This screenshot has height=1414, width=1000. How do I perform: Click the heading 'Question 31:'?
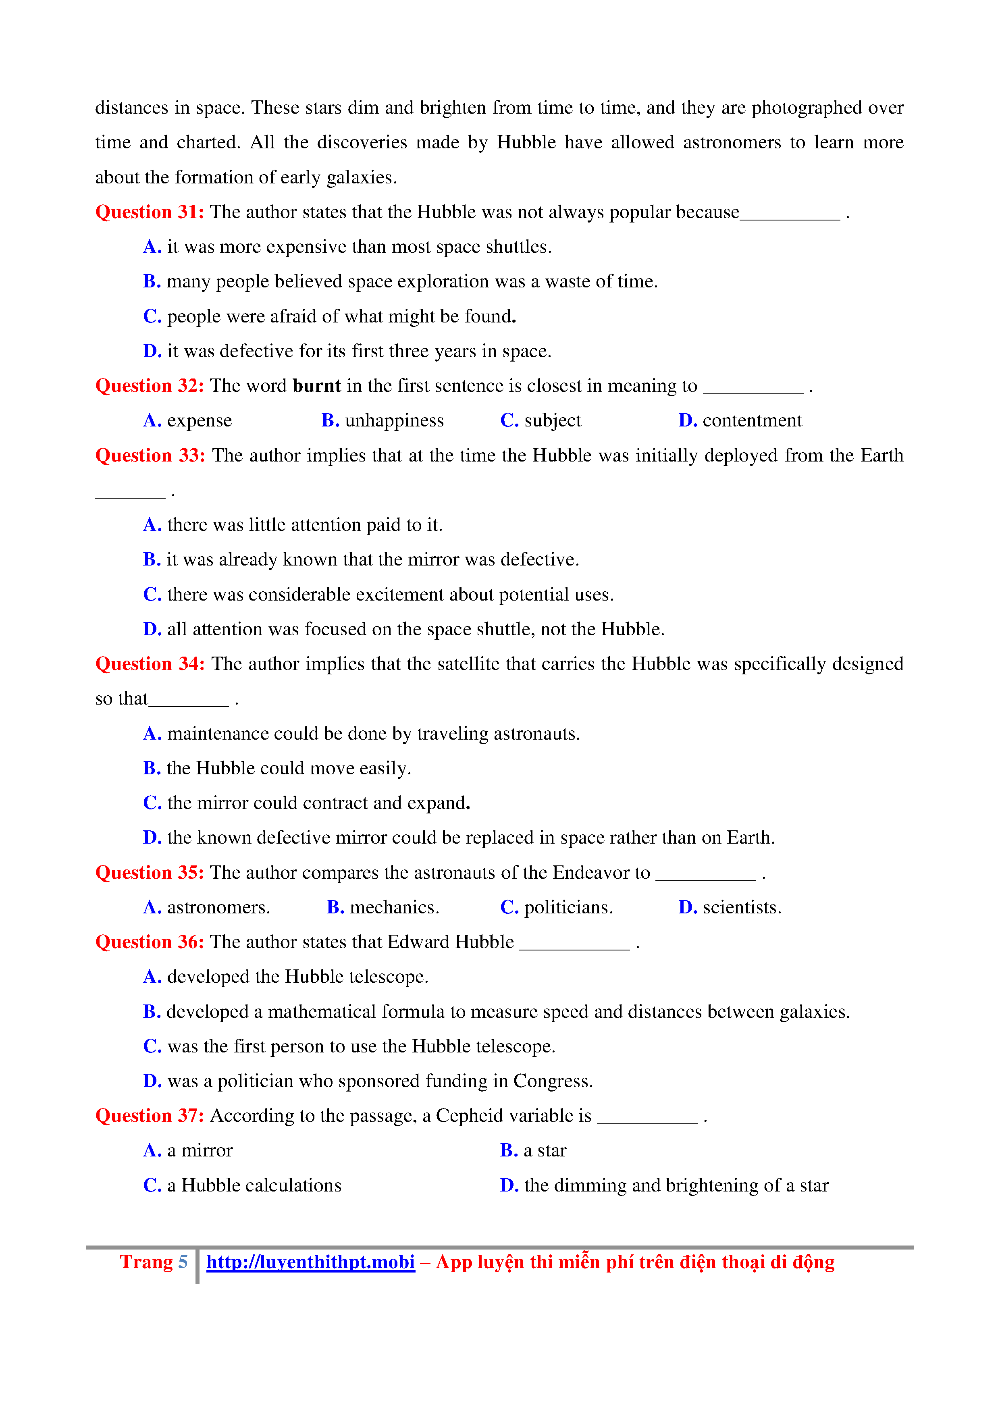149,212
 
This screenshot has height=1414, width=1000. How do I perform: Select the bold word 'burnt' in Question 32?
316,385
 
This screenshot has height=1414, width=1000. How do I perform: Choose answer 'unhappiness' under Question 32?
394,421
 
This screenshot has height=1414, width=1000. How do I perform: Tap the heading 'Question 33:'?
150,456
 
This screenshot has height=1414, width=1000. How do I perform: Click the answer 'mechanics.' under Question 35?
394,907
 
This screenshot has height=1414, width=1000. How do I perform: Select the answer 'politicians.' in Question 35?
568,907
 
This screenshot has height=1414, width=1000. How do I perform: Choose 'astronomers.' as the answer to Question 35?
218,907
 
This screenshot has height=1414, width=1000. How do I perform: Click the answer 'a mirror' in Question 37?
200,1150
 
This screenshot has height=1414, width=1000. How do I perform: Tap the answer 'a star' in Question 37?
544,1150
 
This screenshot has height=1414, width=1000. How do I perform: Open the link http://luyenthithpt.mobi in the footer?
310,1262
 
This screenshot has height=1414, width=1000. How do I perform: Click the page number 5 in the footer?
183,1262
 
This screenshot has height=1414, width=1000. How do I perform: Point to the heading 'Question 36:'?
149,942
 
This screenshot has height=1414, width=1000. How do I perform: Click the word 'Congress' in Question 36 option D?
551,1081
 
